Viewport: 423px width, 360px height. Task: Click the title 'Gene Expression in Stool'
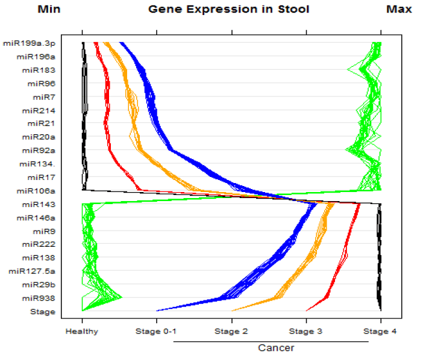[228, 9]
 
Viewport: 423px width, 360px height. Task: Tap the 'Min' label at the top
[49, 9]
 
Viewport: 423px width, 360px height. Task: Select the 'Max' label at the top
[399, 9]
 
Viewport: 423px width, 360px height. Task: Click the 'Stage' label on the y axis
[43, 312]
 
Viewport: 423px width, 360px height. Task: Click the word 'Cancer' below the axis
[276, 348]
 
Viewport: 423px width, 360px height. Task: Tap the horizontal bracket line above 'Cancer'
[271, 341]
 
